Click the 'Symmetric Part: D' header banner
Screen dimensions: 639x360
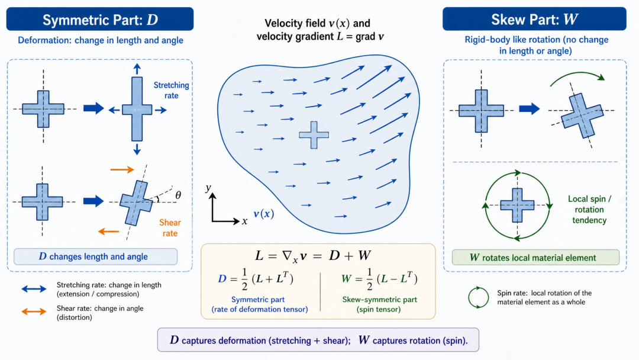(100, 19)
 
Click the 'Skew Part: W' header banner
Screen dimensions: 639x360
(534, 19)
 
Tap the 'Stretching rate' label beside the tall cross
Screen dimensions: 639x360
(171, 90)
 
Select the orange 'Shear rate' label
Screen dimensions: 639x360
(170, 228)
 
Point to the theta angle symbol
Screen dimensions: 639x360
(178, 195)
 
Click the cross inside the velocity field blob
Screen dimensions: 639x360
(314, 135)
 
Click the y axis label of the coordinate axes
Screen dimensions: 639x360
(208, 188)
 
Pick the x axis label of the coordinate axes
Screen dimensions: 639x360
(244, 221)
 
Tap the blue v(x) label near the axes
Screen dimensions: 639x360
(263, 214)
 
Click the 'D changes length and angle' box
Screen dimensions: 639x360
(95, 256)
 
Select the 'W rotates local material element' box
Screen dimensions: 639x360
(535, 257)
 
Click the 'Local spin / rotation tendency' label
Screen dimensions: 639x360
(589, 210)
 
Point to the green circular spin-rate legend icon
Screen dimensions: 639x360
(478, 297)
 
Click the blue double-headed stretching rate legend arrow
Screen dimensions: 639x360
(34, 289)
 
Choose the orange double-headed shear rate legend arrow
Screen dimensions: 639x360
(34, 312)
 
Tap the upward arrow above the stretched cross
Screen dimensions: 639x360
(137, 69)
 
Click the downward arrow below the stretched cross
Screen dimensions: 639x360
(137, 149)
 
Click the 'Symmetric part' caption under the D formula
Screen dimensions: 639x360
(258, 300)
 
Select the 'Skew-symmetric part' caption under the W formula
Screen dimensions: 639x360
(379, 300)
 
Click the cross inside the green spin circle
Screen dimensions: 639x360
(517, 205)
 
